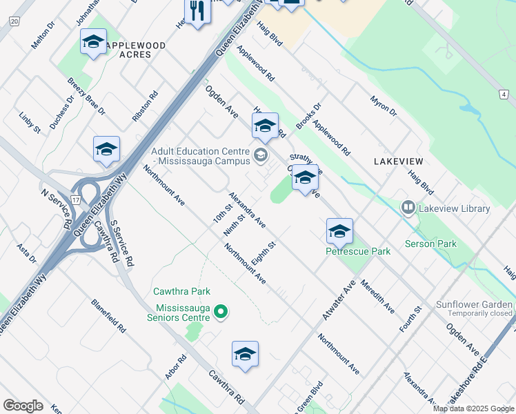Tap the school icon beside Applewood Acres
point(93,42)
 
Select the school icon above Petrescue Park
point(339,232)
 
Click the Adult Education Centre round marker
point(260,155)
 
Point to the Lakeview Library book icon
point(408,207)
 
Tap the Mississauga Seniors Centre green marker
point(221,313)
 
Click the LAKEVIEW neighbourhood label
point(398,161)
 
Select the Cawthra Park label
point(182,292)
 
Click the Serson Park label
point(431,244)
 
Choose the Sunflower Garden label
point(475,304)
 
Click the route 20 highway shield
point(14,22)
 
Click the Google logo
point(23,405)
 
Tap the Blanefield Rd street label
point(109,317)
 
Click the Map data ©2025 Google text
point(473,408)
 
